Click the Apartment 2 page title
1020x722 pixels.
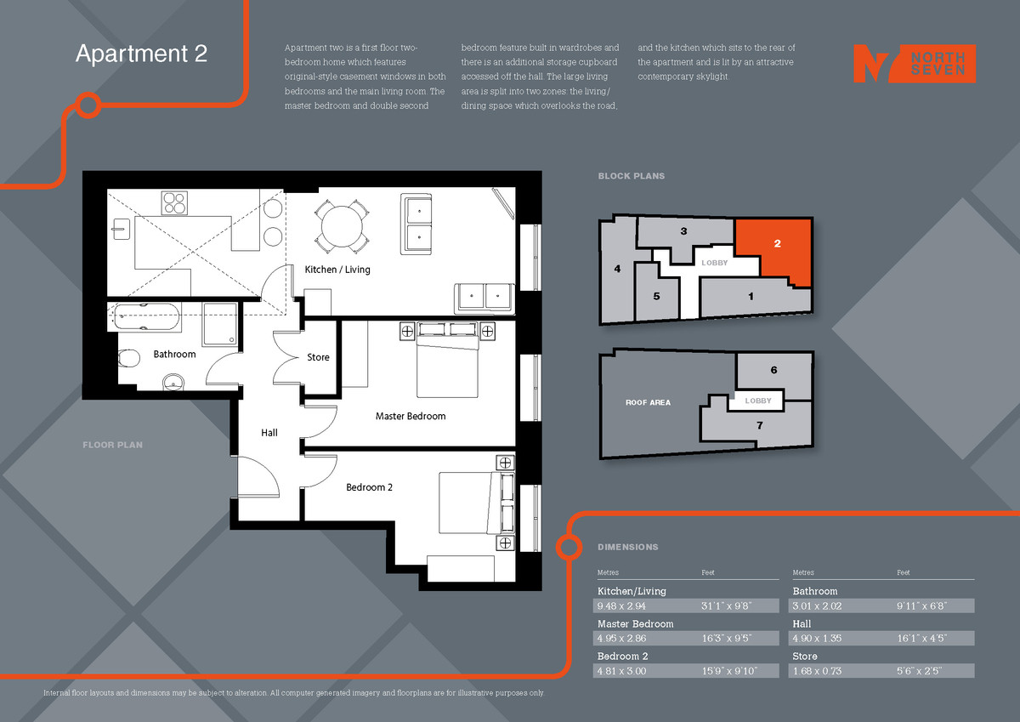[x=141, y=54]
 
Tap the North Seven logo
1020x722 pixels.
[x=914, y=64]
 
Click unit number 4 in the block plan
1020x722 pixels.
[x=617, y=269]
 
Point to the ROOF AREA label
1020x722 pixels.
[x=648, y=402]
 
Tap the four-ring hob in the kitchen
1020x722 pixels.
[x=175, y=203]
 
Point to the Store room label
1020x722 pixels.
[x=318, y=357]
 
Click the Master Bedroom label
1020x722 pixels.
[x=411, y=416]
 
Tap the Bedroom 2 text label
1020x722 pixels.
[x=369, y=487]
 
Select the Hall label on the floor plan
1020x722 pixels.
[x=269, y=433]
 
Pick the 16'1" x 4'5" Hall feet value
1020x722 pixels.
[x=921, y=639]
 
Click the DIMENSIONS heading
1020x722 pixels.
[x=627, y=547]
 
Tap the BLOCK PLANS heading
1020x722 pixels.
[x=631, y=176]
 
